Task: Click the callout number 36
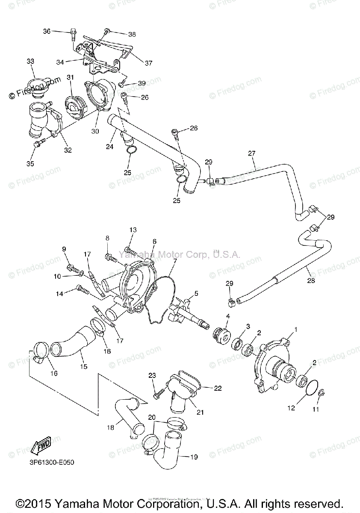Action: click(47, 31)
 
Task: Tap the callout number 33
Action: click(30, 62)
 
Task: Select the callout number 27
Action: click(251, 153)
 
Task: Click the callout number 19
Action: click(194, 457)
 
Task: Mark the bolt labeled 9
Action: click(72, 269)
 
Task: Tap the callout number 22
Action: click(218, 388)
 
